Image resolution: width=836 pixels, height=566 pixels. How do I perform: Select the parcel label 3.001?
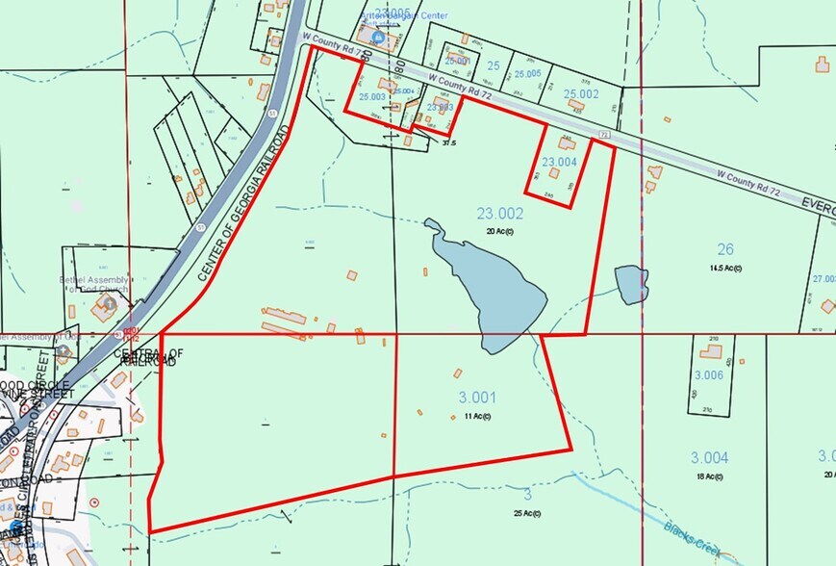click(x=471, y=397)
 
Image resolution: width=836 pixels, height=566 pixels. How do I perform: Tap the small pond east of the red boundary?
click(x=631, y=285)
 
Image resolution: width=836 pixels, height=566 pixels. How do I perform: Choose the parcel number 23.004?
click(x=559, y=163)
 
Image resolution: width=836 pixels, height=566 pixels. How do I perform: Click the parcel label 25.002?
click(x=581, y=93)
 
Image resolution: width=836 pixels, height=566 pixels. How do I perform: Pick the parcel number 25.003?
click(x=371, y=96)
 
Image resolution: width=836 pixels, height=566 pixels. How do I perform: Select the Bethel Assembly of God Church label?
click(x=94, y=286)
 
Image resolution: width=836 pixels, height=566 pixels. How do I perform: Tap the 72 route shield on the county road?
click(x=604, y=136)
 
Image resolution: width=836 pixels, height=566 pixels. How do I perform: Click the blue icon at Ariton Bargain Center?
click(x=378, y=38)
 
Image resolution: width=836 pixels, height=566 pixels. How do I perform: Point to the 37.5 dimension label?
click(x=447, y=143)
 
